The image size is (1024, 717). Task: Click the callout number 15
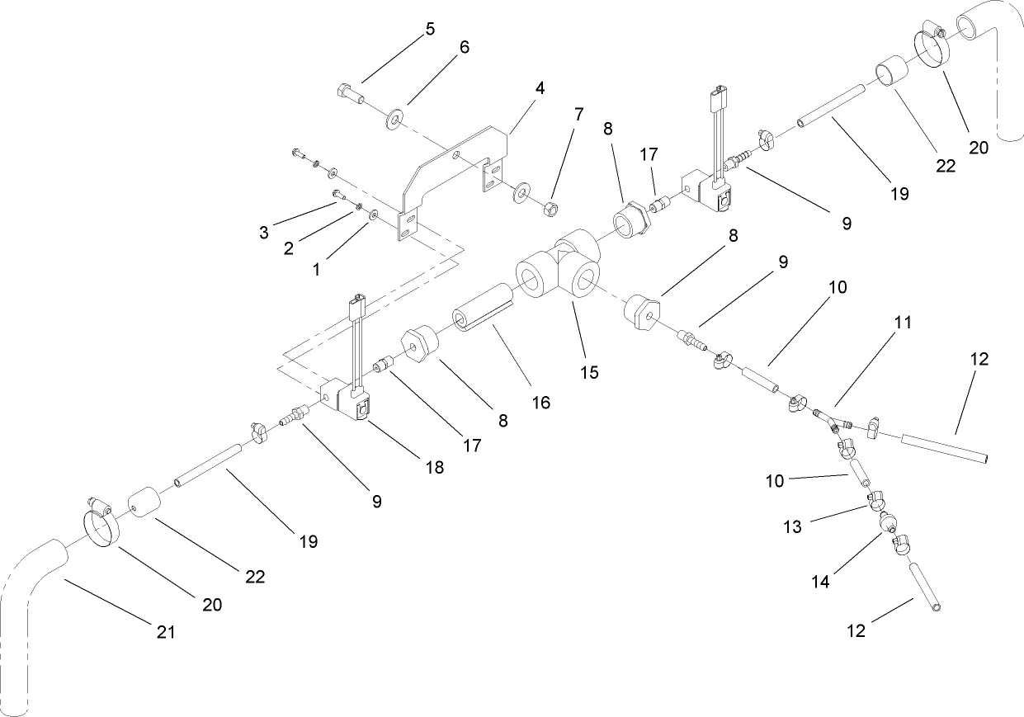point(589,372)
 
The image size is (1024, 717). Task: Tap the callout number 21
point(166,633)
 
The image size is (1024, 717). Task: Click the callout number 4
point(540,86)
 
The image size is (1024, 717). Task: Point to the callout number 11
point(903,323)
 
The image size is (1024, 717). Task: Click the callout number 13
point(792,527)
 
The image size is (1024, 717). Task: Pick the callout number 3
point(264,233)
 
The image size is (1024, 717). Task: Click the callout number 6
point(464,47)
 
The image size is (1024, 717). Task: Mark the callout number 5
point(430,29)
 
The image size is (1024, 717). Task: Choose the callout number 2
point(289,249)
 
